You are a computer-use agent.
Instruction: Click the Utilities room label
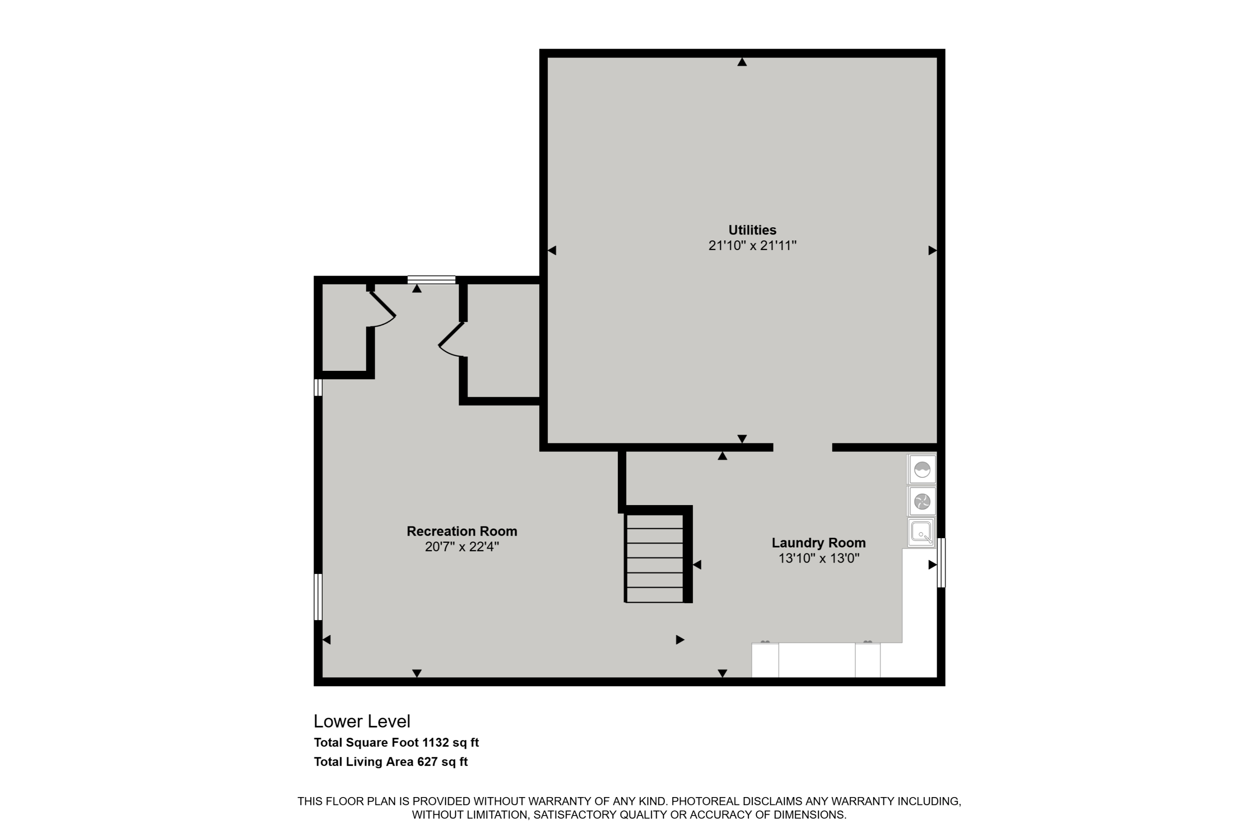(752, 230)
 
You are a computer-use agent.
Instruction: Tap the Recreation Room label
(462, 532)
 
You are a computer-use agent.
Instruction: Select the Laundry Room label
(818, 542)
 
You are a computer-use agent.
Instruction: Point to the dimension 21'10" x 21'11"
(752, 245)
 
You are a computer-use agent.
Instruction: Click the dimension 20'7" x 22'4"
(462, 546)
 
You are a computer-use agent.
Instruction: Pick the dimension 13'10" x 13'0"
(818, 558)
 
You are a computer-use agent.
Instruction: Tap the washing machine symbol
(922, 469)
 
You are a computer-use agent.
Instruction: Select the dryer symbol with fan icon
(922, 501)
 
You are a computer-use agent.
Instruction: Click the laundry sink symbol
(921, 533)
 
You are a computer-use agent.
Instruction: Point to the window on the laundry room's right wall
(941, 563)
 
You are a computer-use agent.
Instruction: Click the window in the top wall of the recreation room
(431, 279)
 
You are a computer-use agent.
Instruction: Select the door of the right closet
(451, 339)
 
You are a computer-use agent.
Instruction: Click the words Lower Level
(362, 721)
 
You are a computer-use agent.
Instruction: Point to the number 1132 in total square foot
(435, 742)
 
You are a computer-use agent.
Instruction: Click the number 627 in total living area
(427, 761)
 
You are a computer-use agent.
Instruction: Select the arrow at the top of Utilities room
(742, 62)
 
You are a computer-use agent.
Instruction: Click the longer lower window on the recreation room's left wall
(318, 597)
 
